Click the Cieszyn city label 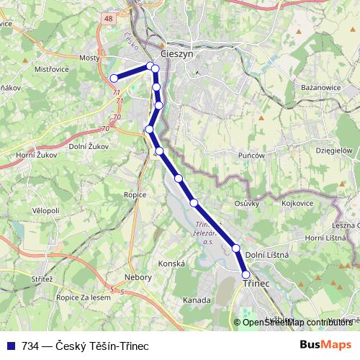pyautogui.click(x=178, y=53)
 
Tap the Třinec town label pyautogui.click(x=256, y=284)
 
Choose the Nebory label pyautogui.click(x=138, y=277)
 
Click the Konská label pyautogui.click(x=171, y=264)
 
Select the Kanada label pyautogui.click(x=197, y=299)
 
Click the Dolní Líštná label pyautogui.click(x=267, y=255)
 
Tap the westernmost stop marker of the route pyautogui.click(x=114, y=78)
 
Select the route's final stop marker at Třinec pyautogui.click(x=246, y=274)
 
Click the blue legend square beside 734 pyautogui.click(x=10, y=346)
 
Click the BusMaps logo pyautogui.click(x=325, y=346)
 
